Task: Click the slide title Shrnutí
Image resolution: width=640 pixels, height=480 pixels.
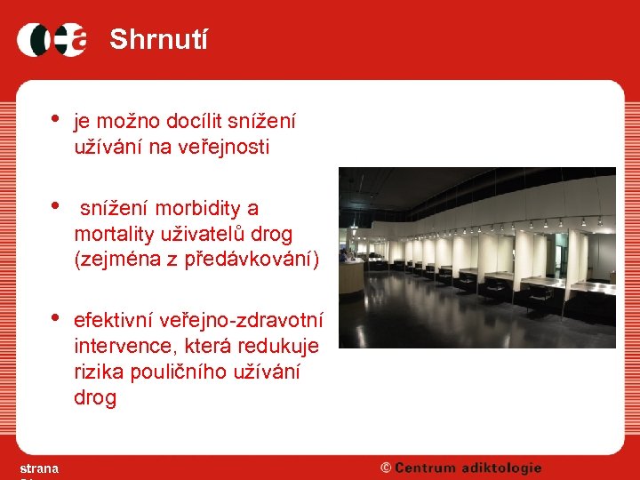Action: [158, 40]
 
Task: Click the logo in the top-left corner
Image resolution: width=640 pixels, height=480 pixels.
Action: [52, 39]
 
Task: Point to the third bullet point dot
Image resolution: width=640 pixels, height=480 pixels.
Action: [55, 316]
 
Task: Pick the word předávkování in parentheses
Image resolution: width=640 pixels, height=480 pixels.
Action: [253, 260]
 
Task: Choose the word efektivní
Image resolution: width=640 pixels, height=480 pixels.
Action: [114, 319]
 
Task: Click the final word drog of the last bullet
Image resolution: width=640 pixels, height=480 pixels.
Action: [95, 398]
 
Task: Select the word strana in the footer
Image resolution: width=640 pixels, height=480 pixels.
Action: [39, 468]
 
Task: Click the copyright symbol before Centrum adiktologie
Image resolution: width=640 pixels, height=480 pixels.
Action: [386, 468]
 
